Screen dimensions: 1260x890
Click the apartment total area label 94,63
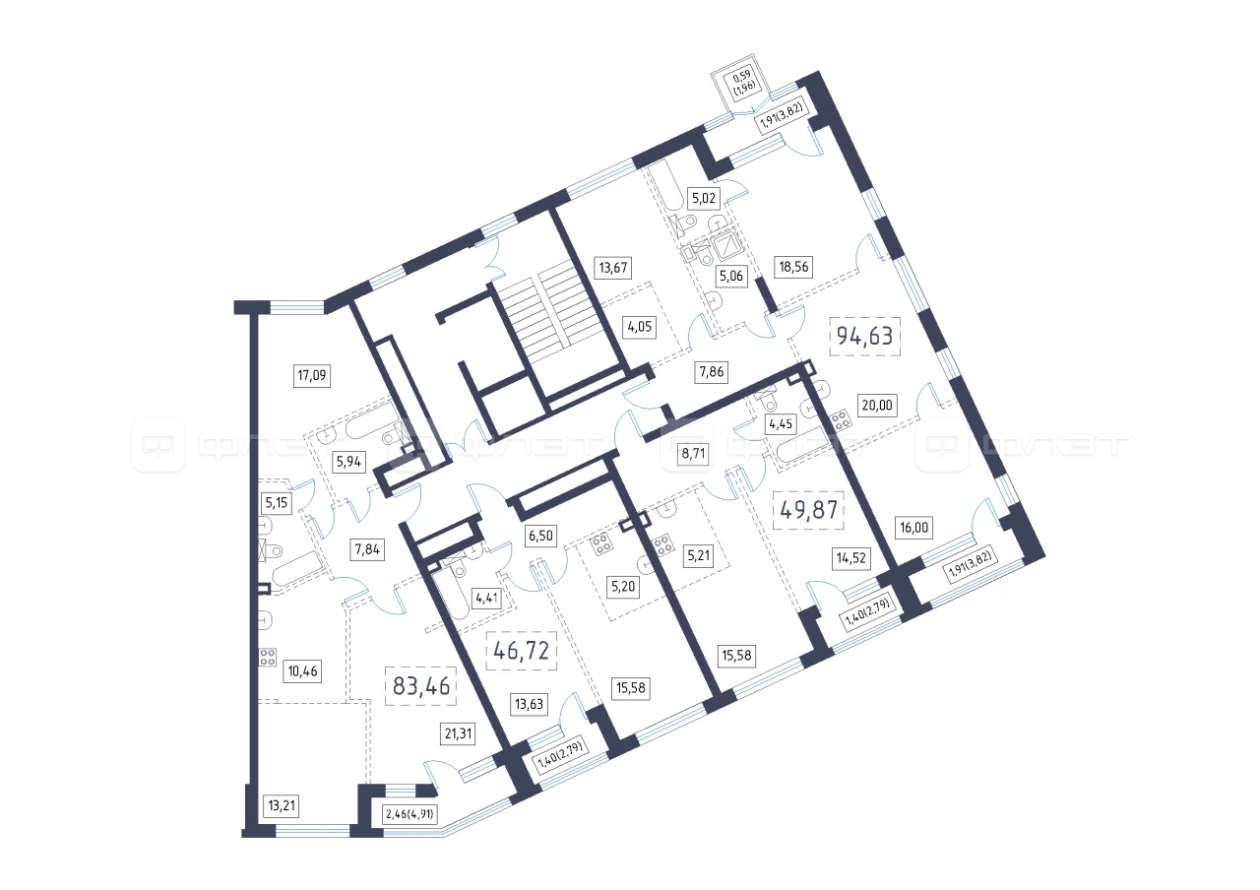[x=864, y=336]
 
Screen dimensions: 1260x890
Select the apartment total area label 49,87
[x=809, y=510]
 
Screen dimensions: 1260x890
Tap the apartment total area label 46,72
[x=521, y=651]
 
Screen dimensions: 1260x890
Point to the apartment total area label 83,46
[x=420, y=686]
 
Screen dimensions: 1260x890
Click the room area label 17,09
[x=312, y=375]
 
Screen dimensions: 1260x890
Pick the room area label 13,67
[x=613, y=267]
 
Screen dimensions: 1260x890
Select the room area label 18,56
[x=793, y=267]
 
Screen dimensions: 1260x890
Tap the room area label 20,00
[x=877, y=405]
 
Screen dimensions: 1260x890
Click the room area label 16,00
[x=914, y=528]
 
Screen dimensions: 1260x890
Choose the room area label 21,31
[x=458, y=733]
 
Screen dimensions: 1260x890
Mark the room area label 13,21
[x=282, y=805]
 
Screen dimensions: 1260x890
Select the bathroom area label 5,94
[x=348, y=463]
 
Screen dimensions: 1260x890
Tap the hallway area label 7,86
[x=712, y=372]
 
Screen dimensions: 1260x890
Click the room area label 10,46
[x=302, y=671]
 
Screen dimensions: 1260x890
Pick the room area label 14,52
[x=851, y=558]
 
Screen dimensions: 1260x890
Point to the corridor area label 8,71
[x=693, y=454]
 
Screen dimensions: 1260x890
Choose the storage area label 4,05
[x=640, y=326]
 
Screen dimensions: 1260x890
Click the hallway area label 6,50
[x=540, y=536]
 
